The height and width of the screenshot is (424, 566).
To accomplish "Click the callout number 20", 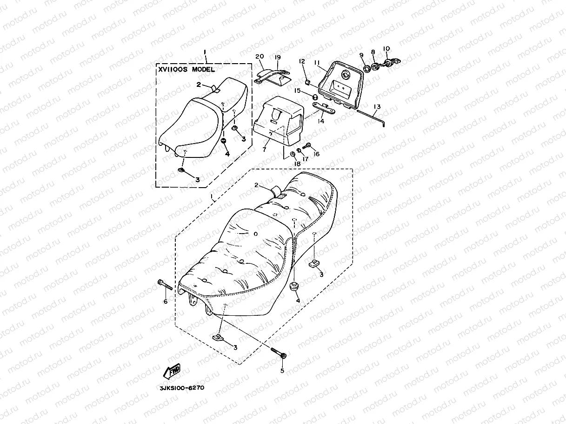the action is pyautogui.click(x=260, y=57).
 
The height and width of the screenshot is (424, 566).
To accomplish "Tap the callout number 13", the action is pyautogui.click(x=377, y=107).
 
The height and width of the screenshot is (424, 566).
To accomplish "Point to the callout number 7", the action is pyautogui.click(x=264, y=150).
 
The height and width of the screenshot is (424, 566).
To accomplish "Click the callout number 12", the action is pyautogui.click(x=301, y=61).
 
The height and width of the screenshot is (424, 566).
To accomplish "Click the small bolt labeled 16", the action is pyautogui.click(x=306, y=147).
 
